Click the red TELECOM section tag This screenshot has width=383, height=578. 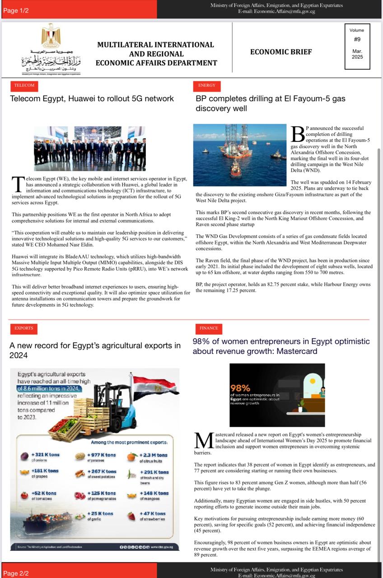24,85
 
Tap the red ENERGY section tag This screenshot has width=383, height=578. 206,85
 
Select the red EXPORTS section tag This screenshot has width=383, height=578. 23,328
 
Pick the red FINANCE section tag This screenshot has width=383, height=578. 209,328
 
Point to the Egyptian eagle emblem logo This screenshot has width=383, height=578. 51,36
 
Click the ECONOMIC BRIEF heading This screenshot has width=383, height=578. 280,52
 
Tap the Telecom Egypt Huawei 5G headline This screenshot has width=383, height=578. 92,98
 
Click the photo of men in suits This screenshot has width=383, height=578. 90,149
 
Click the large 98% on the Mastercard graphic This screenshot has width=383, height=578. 240,388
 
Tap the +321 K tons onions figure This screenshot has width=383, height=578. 45,455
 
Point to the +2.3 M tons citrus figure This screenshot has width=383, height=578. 154,455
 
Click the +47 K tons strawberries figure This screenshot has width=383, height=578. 153,513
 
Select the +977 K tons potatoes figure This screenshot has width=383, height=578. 102,455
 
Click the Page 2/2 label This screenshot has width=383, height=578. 16,573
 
